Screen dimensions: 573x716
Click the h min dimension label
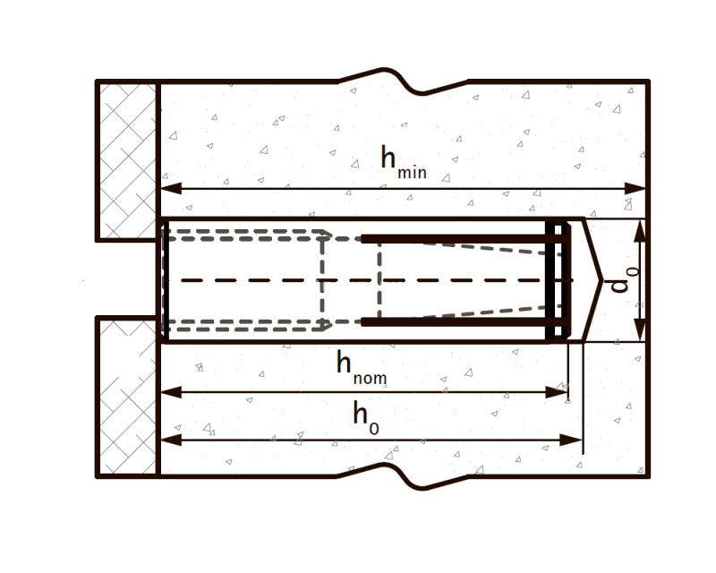point(403,162)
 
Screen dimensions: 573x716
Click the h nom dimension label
point(362,367)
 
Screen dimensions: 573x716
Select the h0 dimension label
point(365,417)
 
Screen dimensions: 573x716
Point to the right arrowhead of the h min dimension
point(636,188)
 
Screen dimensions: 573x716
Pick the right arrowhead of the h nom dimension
point(558,391)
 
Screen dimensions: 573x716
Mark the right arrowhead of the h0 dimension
point(574,440)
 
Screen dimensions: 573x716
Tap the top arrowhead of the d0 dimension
point(639,230)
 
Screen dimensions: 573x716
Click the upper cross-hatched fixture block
point(128,161)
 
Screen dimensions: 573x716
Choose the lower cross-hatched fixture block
point(128,397)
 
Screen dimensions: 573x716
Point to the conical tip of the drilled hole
point(591,280)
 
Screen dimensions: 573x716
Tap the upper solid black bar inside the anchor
point(456,239)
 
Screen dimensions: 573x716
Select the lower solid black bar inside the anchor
point(456,321)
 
